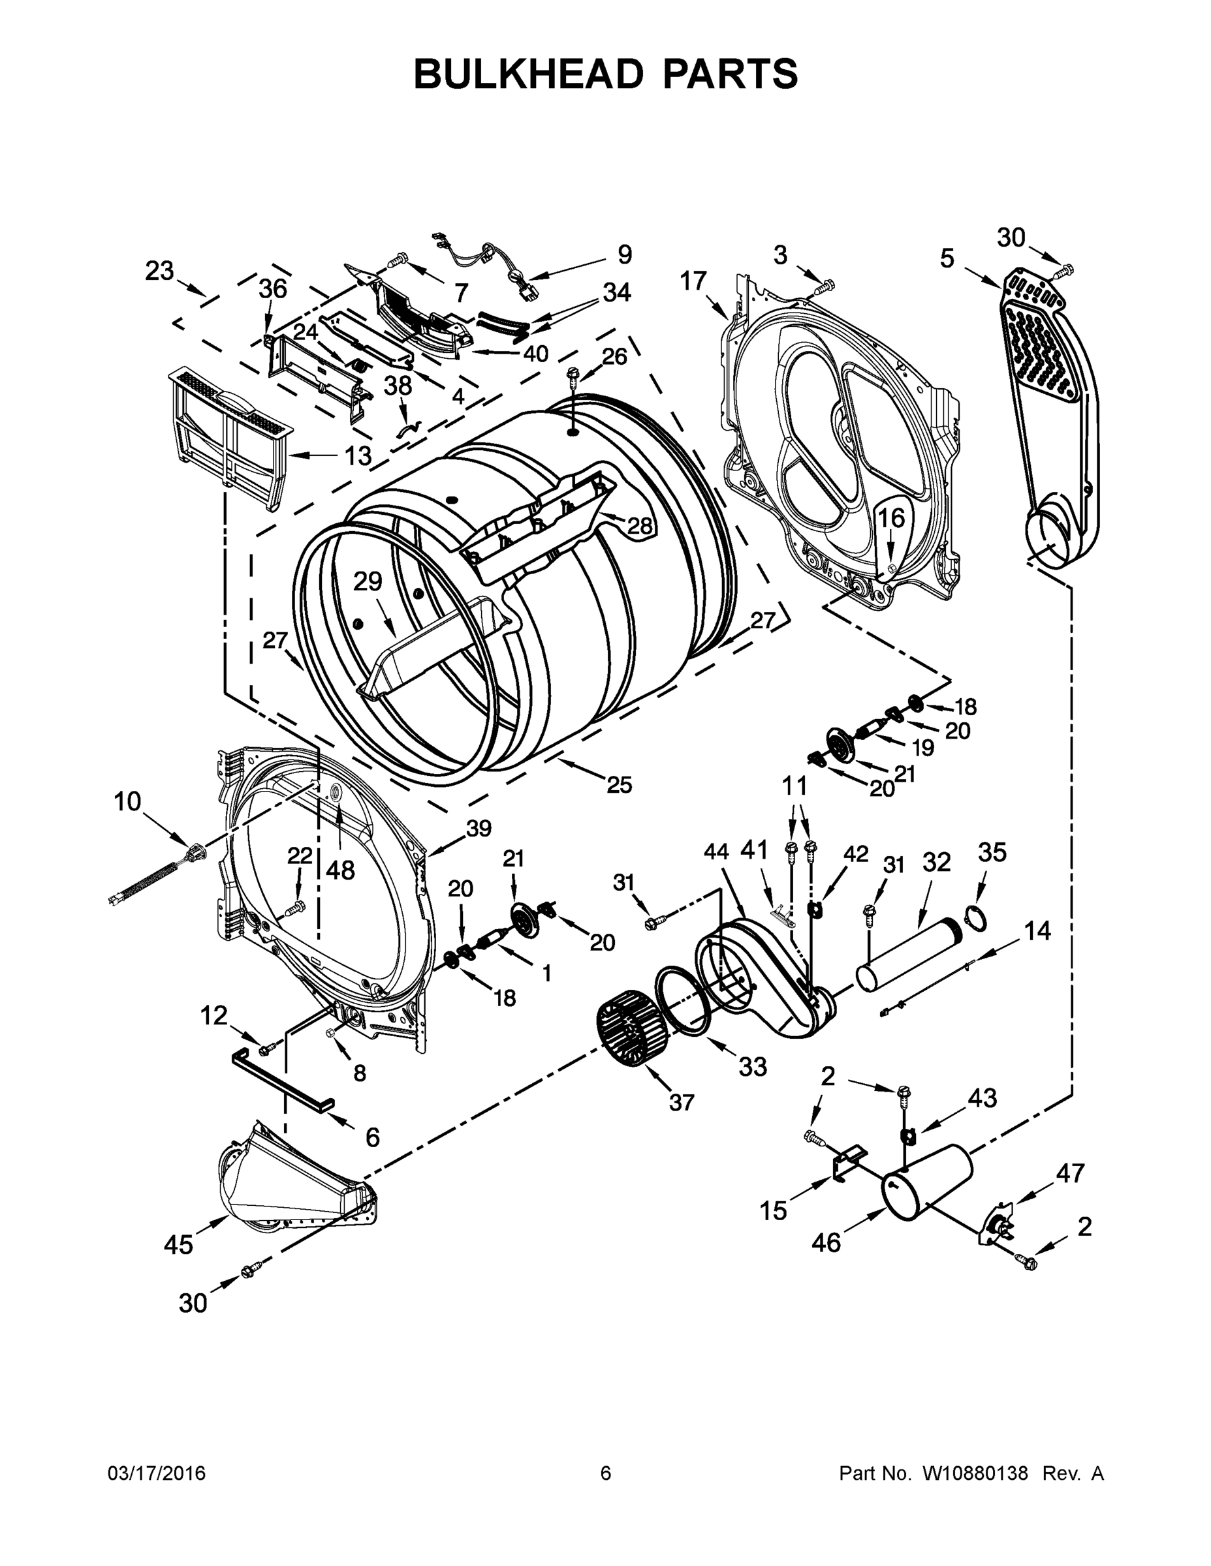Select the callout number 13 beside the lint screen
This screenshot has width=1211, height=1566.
coord(358,455)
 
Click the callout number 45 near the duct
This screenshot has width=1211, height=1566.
coord(178,1246)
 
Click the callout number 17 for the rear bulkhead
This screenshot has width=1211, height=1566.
coord(694,281)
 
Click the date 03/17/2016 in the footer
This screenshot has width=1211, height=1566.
coord(157,1473)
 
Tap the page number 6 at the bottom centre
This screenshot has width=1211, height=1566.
coord(606,1473)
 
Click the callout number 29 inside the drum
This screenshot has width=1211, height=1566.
coord(368,581)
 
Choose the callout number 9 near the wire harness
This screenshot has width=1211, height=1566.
coord(624,254)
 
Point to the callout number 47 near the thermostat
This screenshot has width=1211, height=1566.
coord(1071,1174)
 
